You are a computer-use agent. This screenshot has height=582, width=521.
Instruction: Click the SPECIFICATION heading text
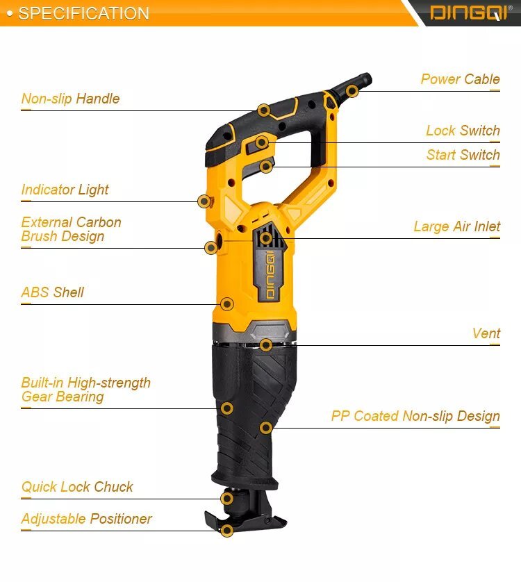(x=83, y=13)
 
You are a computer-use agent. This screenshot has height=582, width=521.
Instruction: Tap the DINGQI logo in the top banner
(x=470, y=13)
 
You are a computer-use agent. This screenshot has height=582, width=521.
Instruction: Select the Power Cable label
(x=460, y=79)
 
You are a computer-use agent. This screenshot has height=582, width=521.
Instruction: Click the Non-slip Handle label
(x=71, y=99)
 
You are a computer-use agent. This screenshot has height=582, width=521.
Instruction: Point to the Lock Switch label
(x=463, y=131)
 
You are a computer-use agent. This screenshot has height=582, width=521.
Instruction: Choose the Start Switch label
(x=463, y=154)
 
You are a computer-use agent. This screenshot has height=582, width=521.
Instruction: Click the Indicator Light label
(x=65, y=190)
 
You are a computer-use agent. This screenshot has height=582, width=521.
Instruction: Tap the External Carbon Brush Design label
(x=72, y=229)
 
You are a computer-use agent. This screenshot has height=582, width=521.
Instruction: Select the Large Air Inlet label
(x=457, y=226)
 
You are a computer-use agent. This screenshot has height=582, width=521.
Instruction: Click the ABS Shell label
(x=52, y=292)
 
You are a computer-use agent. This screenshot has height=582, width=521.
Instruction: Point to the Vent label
(x=486, y=333)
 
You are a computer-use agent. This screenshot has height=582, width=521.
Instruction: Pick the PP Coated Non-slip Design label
(x=415, y=416)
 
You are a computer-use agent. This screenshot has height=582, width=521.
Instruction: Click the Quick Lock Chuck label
(x=77, y=487)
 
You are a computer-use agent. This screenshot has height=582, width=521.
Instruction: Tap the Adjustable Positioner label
(x=87, y=519)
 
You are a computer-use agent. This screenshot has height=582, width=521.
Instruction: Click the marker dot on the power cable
(x=352, y=91)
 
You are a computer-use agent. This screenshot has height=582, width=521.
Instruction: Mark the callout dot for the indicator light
(x=204, y=201)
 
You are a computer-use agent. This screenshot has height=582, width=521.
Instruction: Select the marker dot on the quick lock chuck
(x=227, y=499)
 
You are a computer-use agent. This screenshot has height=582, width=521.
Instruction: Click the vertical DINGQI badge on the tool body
(x=270, y=275)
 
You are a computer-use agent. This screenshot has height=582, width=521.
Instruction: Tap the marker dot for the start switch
(x=265, y=167)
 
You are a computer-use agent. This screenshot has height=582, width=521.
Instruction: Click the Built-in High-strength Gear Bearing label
(x=85, y=390)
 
